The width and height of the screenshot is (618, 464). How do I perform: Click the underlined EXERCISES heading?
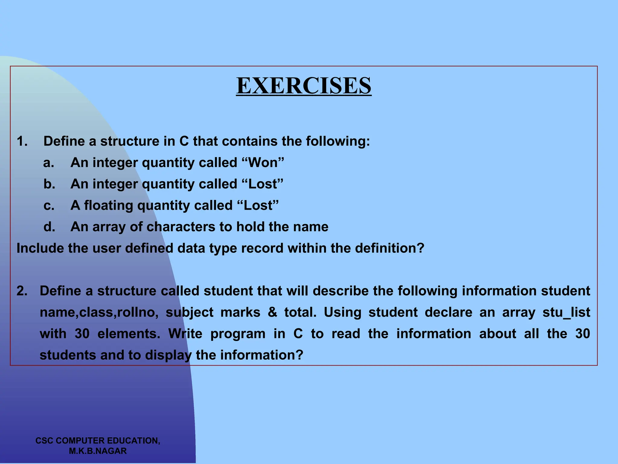click(304, 86)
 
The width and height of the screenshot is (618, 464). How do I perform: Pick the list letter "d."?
click(49, 227)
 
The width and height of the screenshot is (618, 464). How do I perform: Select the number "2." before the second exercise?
click(22, 291)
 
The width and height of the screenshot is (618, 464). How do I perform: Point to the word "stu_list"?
click(566, 312)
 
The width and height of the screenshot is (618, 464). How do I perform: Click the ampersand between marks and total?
click(272, 312)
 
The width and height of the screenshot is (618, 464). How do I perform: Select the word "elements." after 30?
click(129, 334)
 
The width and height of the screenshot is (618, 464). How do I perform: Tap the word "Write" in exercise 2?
click(185, 334)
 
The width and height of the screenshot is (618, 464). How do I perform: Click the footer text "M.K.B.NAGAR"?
click(98, 451)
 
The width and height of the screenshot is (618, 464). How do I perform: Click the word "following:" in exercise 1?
click(338, 141)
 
